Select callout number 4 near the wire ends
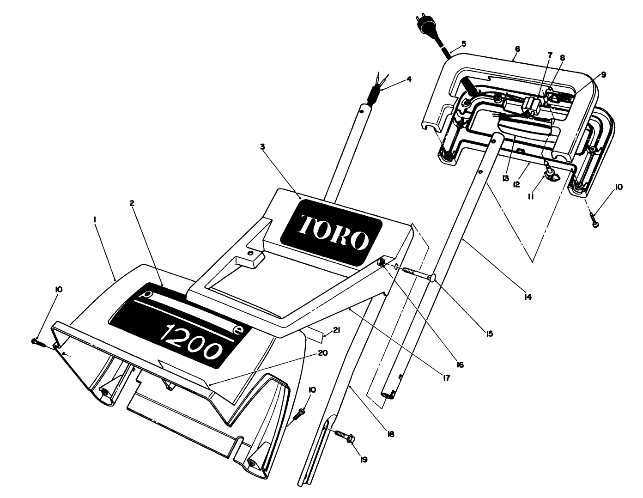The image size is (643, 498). [x=409, y=79]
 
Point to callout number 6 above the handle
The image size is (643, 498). [x=517, y=49]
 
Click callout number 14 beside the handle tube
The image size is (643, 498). [x=528, y=297]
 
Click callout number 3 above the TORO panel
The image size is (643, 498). [x=262, y=147]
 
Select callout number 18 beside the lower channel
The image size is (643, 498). [x=391, y=434]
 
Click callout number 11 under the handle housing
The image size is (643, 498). [x=531, y=196]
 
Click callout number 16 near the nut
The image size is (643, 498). [x=460, y=364]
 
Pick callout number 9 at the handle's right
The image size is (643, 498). [x=604, y=74]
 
